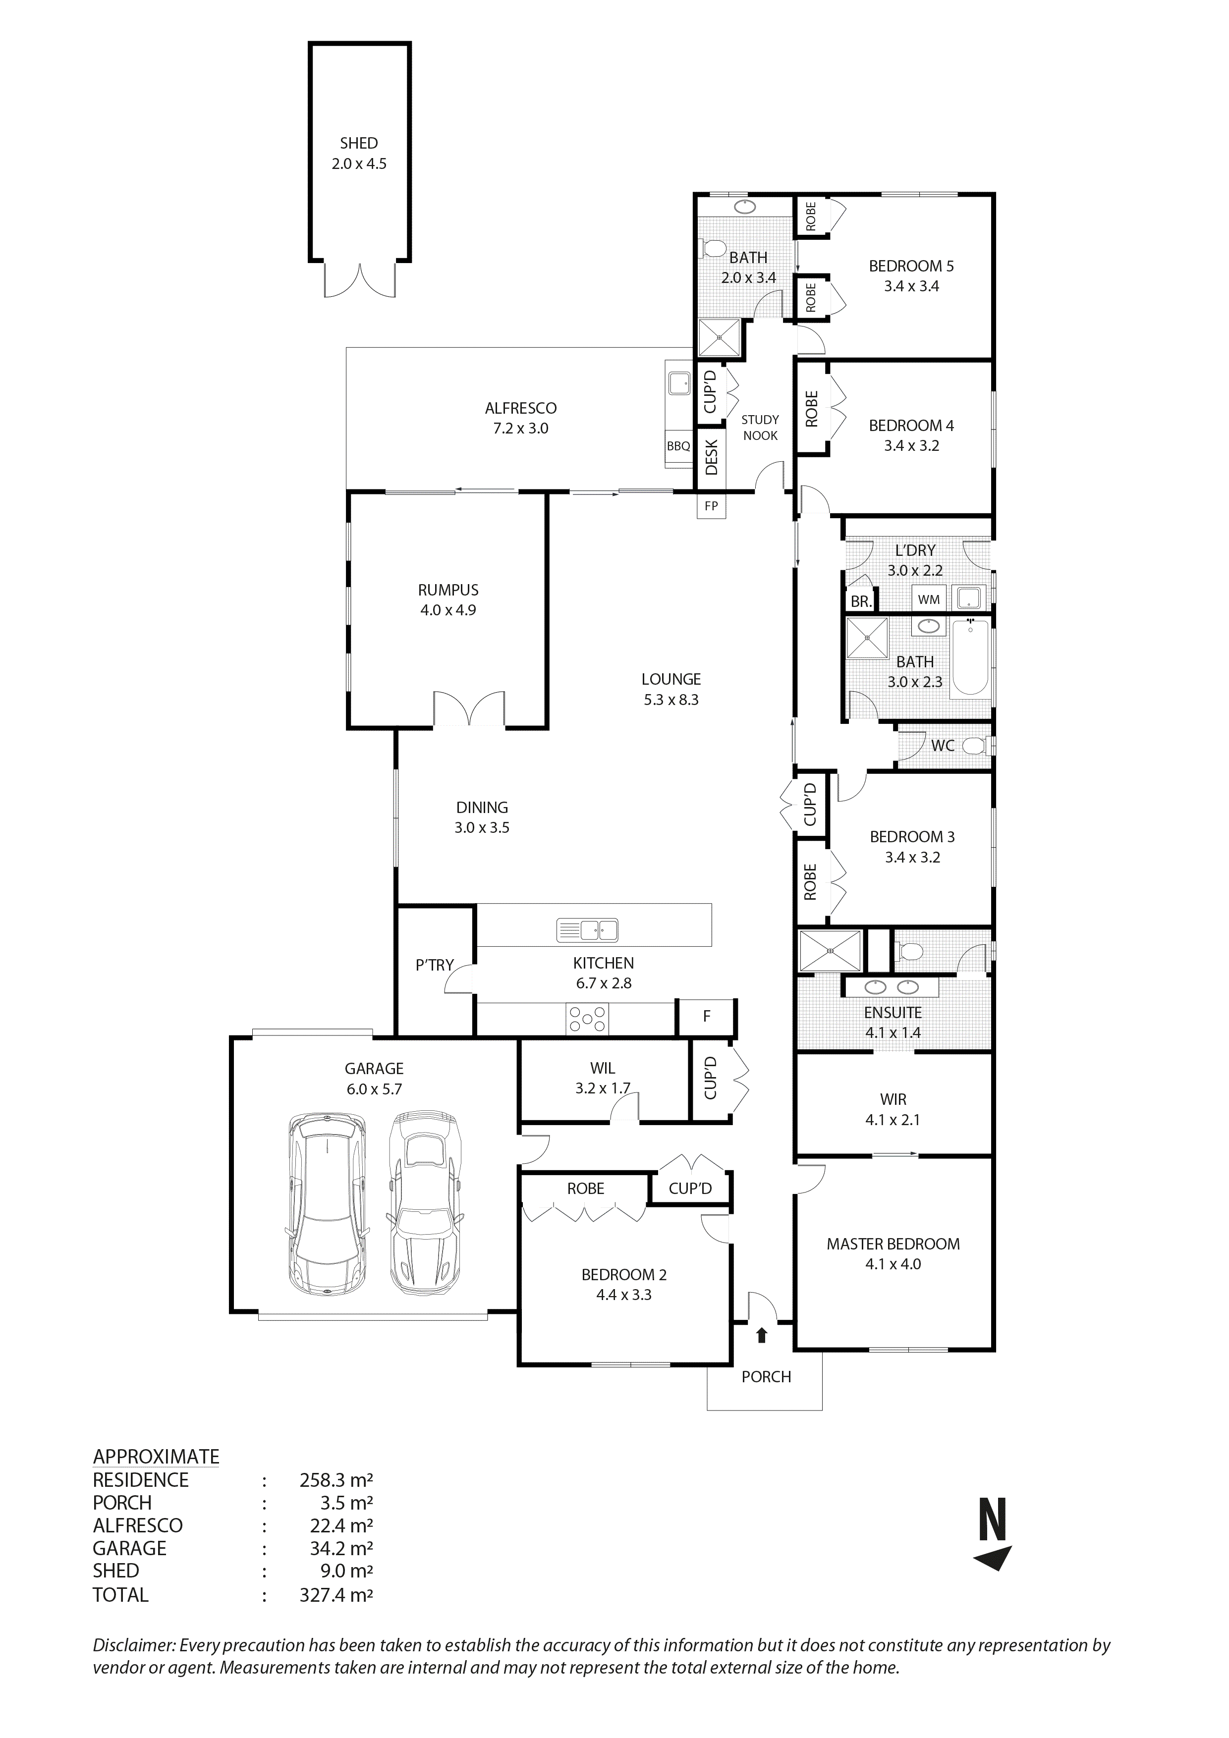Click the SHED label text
coord(358,143)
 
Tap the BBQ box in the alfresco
coord(678,446)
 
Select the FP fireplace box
coord(711,506)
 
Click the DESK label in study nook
coord(711,458)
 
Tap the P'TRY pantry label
coord(434,965)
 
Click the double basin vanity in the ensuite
coord(891,987)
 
